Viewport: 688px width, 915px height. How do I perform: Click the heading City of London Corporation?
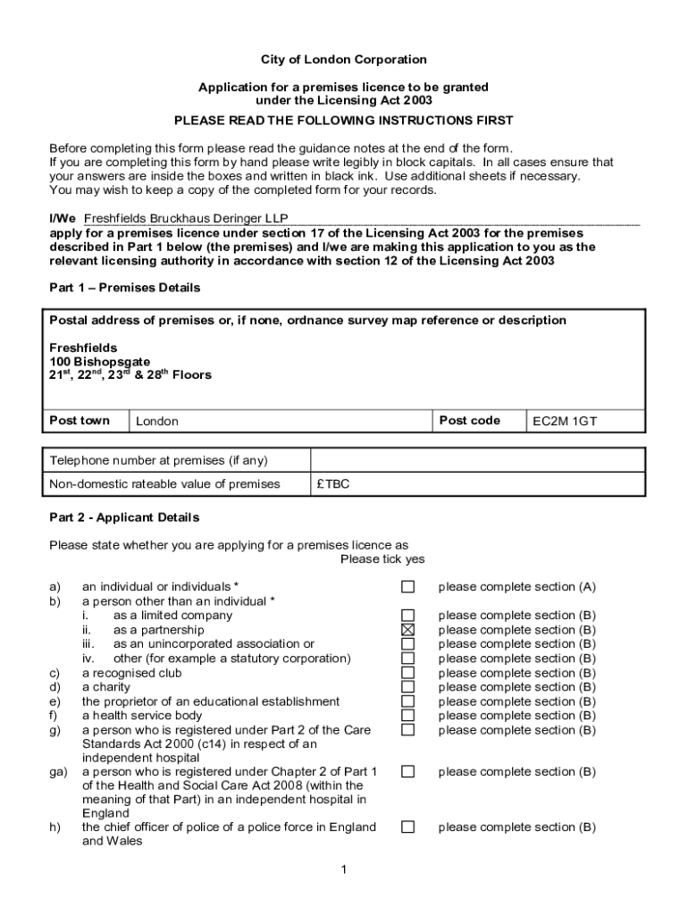tap(343, 60)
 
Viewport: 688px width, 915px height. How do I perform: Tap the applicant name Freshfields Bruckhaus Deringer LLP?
tap(186, 218)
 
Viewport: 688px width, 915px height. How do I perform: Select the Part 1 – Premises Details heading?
tap(124, 288)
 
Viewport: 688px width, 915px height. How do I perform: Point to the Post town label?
tap(80, 421)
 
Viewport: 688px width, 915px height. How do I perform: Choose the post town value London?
tap(157, 422)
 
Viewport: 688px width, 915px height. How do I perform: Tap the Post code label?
tap(469, 421)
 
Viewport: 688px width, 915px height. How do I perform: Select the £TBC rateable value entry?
tap(333, 484)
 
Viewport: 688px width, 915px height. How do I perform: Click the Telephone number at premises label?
tap(158, 461)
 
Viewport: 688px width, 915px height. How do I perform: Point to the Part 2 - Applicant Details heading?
tap(124, 518)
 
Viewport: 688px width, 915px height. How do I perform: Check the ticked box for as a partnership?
tap(407, 630)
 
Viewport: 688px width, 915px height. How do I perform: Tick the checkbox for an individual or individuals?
tap(407, 587)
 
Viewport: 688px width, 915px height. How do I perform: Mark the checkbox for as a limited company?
tap(407, 616)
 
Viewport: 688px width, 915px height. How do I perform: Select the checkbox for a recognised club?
tap(407, 673)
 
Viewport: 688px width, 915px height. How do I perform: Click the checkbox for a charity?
tap(407, 687)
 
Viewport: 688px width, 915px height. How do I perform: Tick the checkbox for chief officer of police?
tap(407, 827)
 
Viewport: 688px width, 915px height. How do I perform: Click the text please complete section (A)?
tap(516, 587)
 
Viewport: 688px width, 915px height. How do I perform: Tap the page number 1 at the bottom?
tap(343, 871)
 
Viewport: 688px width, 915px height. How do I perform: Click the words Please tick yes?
tap(382, 560)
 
